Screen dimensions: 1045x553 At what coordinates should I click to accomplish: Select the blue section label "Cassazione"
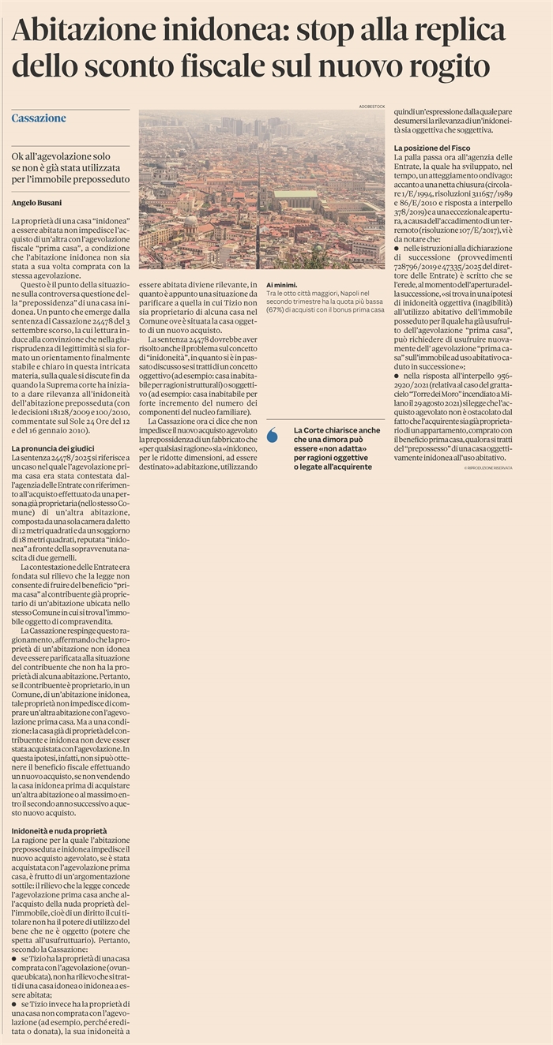pos(39,118)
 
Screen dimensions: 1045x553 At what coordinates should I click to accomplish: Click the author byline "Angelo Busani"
pos(36,203)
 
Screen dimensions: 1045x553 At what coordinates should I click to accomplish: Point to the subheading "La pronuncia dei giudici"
pos(53,448)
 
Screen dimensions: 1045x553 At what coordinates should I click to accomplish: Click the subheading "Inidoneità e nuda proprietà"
pos(59,832)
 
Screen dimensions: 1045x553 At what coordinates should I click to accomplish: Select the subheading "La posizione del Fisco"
pos(431,148)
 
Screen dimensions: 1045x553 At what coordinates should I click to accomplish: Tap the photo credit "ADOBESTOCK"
pos(370,106)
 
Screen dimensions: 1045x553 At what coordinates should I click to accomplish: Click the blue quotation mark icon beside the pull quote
pos(273,434)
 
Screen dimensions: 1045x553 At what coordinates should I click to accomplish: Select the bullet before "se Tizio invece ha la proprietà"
pos(15,1005)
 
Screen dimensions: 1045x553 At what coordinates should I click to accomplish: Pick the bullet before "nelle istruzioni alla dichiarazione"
pos(397,248)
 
